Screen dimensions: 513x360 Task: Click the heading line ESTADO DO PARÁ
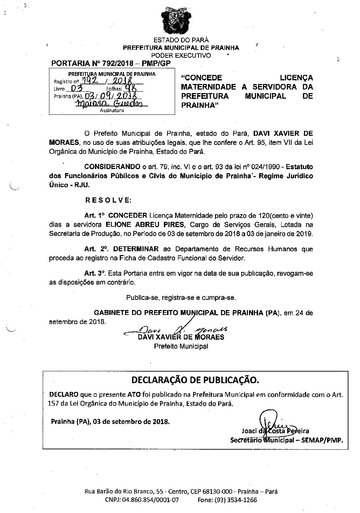point(181,40)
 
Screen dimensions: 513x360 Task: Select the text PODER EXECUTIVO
point(181,55)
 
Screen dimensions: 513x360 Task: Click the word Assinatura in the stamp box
point(112,111)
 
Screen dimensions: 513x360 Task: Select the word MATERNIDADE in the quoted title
point(209,87)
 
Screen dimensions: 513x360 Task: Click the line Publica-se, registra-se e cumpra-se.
point(181,298)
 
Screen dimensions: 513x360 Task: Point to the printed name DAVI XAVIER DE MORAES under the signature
point(181,337)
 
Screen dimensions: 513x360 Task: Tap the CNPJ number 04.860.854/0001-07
point(152,500)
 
